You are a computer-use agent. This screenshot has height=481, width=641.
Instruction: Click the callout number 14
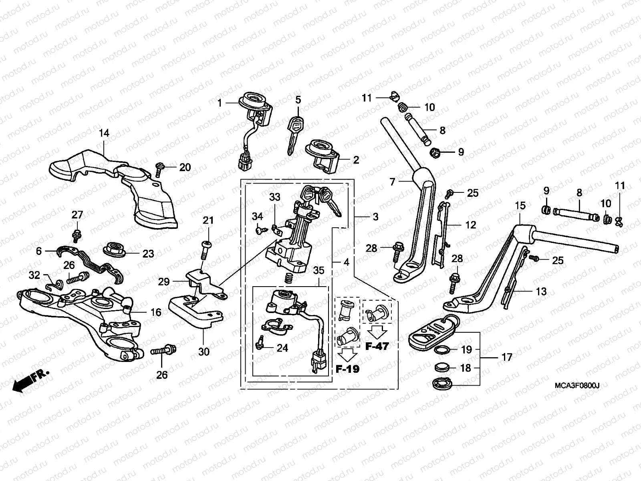tap(104, 133)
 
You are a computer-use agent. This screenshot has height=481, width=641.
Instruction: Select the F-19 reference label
tap(347, 369)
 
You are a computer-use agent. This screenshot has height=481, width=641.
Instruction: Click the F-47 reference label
tap(377, 346)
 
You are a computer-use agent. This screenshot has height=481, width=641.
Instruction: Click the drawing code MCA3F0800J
tap(577, 386)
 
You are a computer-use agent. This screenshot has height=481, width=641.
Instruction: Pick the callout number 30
tap(204, 352)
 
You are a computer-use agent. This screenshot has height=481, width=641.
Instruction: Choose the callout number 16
tap(156, 312)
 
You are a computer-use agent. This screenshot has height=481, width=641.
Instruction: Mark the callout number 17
tap(507, 357)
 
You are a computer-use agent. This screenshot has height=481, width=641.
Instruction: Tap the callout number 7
tap(392, 182)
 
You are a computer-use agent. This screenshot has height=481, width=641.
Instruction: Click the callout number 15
tap(520, 206)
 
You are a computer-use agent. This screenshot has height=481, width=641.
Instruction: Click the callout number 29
tap(164, 282)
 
